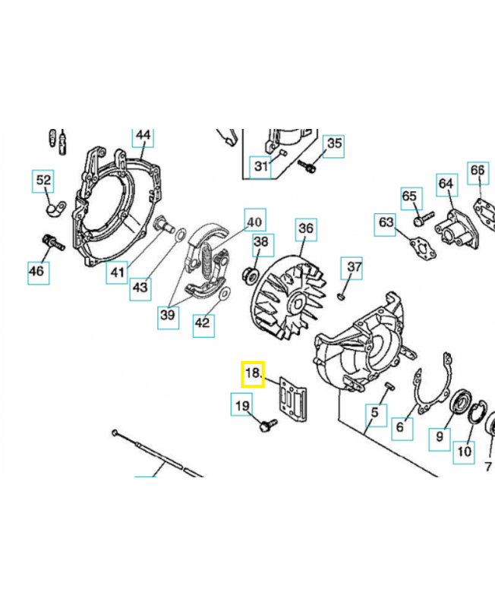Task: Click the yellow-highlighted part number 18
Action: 253,374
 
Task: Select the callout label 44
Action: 143,137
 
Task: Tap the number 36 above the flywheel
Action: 305,228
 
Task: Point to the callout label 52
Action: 44,181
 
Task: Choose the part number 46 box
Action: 38,271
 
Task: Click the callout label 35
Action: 334,144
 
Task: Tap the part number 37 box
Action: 355,267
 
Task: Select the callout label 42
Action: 203,322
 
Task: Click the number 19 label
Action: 242,406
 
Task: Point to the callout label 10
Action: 464,451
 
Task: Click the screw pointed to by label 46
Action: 51,243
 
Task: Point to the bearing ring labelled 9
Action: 459,404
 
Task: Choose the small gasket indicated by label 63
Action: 415,247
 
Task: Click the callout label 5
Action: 373,414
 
